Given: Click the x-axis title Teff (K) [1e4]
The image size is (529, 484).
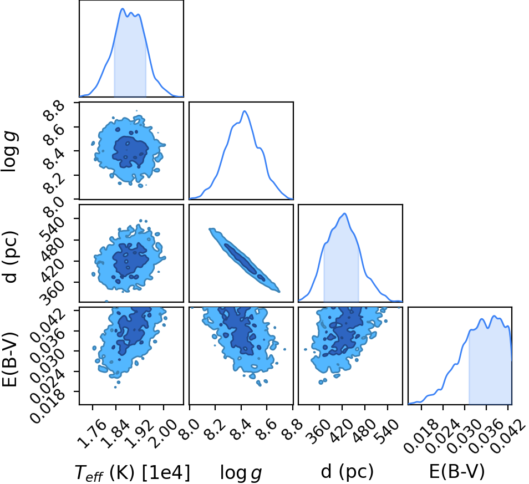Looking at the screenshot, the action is tap(133, 472).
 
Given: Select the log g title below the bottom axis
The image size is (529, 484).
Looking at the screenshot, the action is tap(241, 473).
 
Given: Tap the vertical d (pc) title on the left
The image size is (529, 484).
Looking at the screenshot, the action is tap(11, 257).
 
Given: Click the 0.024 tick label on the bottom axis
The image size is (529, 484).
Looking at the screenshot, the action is tap(444, 436).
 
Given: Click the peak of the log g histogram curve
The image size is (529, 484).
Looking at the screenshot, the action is tap(245, 111).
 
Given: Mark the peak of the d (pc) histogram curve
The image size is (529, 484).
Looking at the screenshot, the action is tap(344, 213).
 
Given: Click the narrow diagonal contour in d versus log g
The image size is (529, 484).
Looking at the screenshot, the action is tap(244, 259).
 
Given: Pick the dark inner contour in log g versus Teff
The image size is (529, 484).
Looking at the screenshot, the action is tap(130, 152).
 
